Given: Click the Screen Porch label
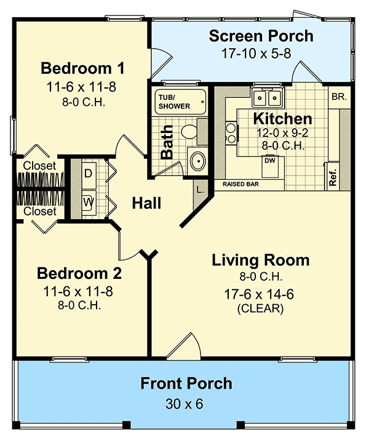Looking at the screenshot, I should click(x=261, y=36).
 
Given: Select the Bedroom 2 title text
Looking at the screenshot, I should click(x=79, y=273).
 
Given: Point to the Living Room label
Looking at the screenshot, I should click(x=260, y=260).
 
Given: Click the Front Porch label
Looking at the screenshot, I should click(x=186, y=384).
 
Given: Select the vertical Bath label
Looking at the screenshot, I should click(x=167, y=143).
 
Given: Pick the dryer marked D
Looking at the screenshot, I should click(x=88, y=174).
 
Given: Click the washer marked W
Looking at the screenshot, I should click(x=88, y=201).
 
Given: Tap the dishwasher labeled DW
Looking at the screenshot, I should click(x=270, y=160).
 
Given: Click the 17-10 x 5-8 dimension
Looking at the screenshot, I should click(x=261, y=54).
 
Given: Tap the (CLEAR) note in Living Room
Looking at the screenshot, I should click(x=260, y=309).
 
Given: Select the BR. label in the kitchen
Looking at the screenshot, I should click(x=338, y=97).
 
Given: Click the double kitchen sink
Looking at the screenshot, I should click(x=267, y=97).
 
